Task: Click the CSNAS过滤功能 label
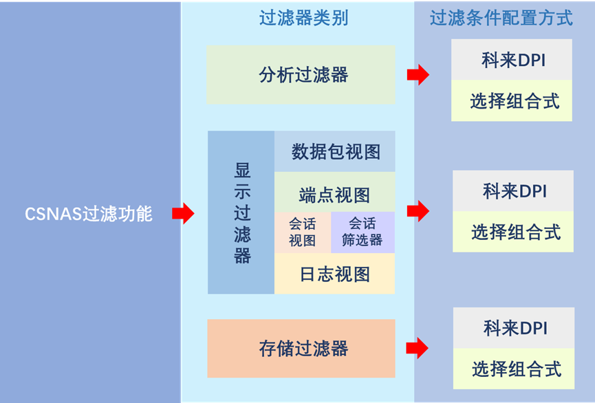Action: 89,214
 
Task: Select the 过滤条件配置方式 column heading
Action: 501,18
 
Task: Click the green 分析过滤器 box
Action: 301,75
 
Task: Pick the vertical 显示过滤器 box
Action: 242,213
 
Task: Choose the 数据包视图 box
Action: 335,151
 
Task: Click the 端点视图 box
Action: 335,195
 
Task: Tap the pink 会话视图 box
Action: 303,232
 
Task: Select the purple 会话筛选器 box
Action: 362,232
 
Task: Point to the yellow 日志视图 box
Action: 335,274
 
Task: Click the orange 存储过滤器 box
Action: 301,348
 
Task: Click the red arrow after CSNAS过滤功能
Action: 183,213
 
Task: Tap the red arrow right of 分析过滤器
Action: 418,74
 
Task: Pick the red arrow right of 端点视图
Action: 418,210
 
